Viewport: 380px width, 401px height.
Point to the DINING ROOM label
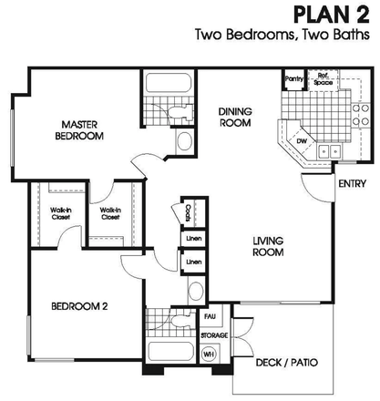[x=235, y=119]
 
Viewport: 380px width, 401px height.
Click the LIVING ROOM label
[x=272, y=247]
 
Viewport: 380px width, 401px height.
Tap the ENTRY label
[x=352, y=184]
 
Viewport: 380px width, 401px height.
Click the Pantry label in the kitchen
[x=294, y=79]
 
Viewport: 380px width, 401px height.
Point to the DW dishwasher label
[x=301, y=141]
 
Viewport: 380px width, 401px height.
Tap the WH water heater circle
[x=208, y=355]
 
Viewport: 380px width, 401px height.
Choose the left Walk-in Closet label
[x=48, y=216]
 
